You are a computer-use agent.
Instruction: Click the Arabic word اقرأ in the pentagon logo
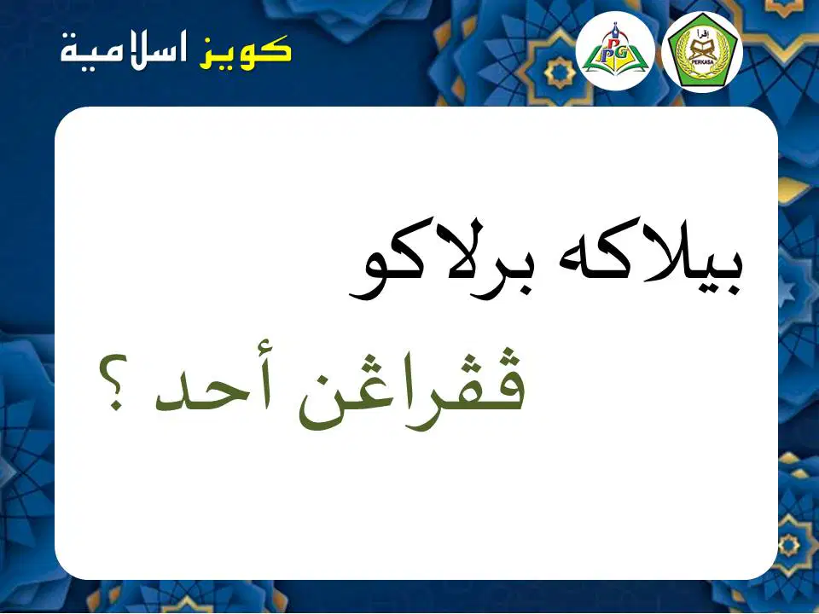701,34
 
